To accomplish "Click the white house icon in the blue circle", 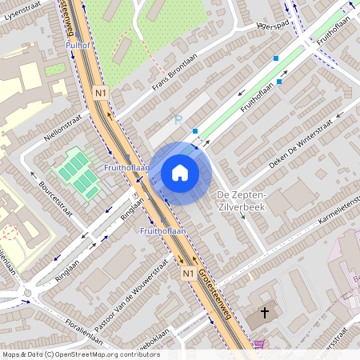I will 180,173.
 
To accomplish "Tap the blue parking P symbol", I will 178,120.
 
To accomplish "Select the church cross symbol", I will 264,312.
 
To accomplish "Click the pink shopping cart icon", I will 259,345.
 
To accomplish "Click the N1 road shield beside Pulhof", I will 100,93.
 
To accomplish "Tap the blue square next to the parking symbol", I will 195,130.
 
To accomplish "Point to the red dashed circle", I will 10,234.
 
